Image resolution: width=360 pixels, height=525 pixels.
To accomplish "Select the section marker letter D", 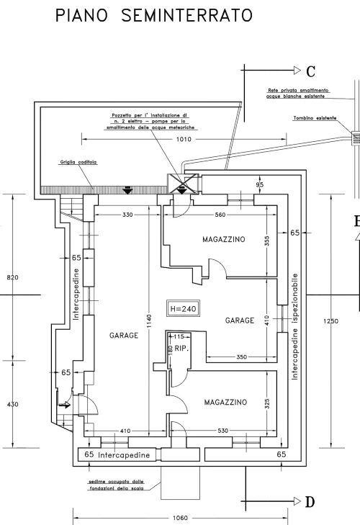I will [x=310, y=502].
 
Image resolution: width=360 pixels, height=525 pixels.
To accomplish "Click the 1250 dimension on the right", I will [x=331, y=321].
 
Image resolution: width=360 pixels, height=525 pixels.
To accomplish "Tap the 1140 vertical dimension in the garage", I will [x=150, y=328].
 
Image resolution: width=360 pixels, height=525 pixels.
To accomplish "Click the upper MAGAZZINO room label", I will [x=223, y=238].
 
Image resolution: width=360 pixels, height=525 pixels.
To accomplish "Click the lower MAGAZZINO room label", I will [x=225, y=402].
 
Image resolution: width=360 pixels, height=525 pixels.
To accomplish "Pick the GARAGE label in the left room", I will [x=123, y=336].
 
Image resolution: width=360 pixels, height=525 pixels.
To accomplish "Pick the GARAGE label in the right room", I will [x=240, y=320].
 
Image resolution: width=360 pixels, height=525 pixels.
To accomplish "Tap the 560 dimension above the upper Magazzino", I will [x=221, y=215].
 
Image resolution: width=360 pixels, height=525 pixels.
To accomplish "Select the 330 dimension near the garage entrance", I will [x=127, y=215].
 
